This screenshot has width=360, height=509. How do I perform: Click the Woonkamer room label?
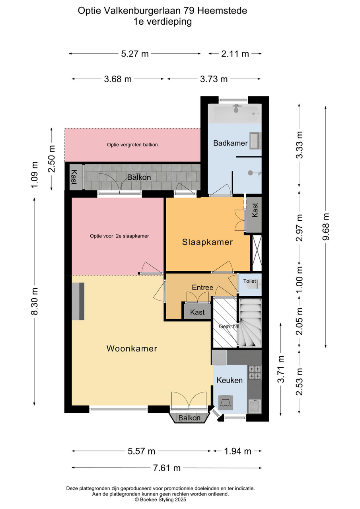[x=132, y=349]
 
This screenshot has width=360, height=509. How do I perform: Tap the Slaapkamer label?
[x=208, y=242]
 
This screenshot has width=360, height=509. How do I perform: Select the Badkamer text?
[x=230, y=143]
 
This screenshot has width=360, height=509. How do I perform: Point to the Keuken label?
[x=230, y=380]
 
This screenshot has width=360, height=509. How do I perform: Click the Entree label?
[x=202, y=288]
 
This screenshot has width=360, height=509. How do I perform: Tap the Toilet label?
[x=249, y=281]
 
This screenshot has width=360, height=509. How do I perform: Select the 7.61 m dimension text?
[x=167, y=468]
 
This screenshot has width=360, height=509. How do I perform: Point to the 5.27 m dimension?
[x=135, y=54]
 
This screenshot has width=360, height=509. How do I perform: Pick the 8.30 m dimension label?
[x=35, y=301]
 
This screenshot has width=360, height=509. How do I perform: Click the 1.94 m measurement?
[x=237, y=451]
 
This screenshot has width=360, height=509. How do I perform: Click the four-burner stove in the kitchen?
[x=255, y=372]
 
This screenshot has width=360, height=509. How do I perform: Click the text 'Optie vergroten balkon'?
[x=132, y=145]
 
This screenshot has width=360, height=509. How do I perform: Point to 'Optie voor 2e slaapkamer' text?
[x=119, y=236]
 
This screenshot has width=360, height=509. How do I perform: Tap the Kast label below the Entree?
[x=197, y=312]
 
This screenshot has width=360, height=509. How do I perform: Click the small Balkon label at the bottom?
[x=189, y=418]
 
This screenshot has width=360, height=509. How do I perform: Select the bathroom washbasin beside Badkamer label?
[x=255, y=141]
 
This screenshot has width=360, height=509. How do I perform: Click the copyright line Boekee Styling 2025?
[x=160, y=500]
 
